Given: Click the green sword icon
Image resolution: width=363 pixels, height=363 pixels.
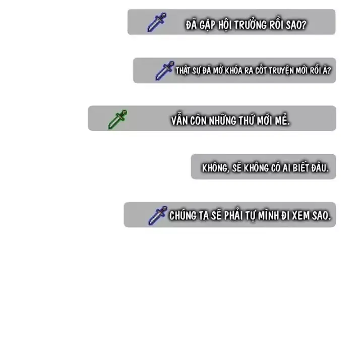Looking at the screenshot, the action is [x=117, y=119].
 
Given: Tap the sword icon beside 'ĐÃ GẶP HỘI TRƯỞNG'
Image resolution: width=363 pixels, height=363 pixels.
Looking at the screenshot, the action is [x=157, y=22].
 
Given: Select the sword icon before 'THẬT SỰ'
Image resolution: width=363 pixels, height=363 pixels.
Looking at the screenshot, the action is [x=165, y=71].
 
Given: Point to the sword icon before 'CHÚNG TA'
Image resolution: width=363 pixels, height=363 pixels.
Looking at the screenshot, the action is [x=158, y=216].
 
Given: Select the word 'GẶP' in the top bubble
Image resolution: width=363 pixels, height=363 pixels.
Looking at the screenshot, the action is [x=207, y=26].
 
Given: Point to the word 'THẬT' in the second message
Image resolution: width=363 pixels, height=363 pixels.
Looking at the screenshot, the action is [x=183, y=71].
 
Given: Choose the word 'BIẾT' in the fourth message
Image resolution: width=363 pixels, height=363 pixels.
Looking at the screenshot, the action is [x=300, y=168].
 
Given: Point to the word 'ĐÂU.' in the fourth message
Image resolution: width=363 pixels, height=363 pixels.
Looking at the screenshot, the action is [x=320, y=168].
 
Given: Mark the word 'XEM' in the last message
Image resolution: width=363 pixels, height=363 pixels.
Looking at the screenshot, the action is [x=300, y=216].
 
